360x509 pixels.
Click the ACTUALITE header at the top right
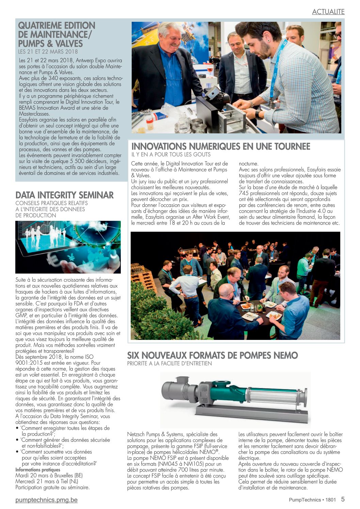coord(328,12)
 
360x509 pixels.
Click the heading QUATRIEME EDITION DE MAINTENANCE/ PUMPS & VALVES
coord(56,35)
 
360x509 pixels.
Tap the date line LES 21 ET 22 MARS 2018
coord(48,52)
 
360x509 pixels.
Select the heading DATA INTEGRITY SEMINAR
coord(64,195)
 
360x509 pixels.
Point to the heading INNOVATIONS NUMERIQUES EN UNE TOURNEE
coord(220,147)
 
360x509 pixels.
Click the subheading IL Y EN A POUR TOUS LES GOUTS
coord(171,154)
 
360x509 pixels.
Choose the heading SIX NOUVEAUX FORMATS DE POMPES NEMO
coord(212,356)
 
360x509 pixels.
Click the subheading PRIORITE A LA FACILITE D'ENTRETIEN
coord(169,363)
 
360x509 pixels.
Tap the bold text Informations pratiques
coord(37,470)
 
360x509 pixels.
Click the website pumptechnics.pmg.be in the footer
coord(46,500)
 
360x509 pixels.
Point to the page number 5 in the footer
coord(343,499)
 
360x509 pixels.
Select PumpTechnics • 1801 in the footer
coord(312,500)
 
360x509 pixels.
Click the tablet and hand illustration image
coord(68,247)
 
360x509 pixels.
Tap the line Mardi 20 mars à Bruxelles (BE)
coord(49,475)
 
